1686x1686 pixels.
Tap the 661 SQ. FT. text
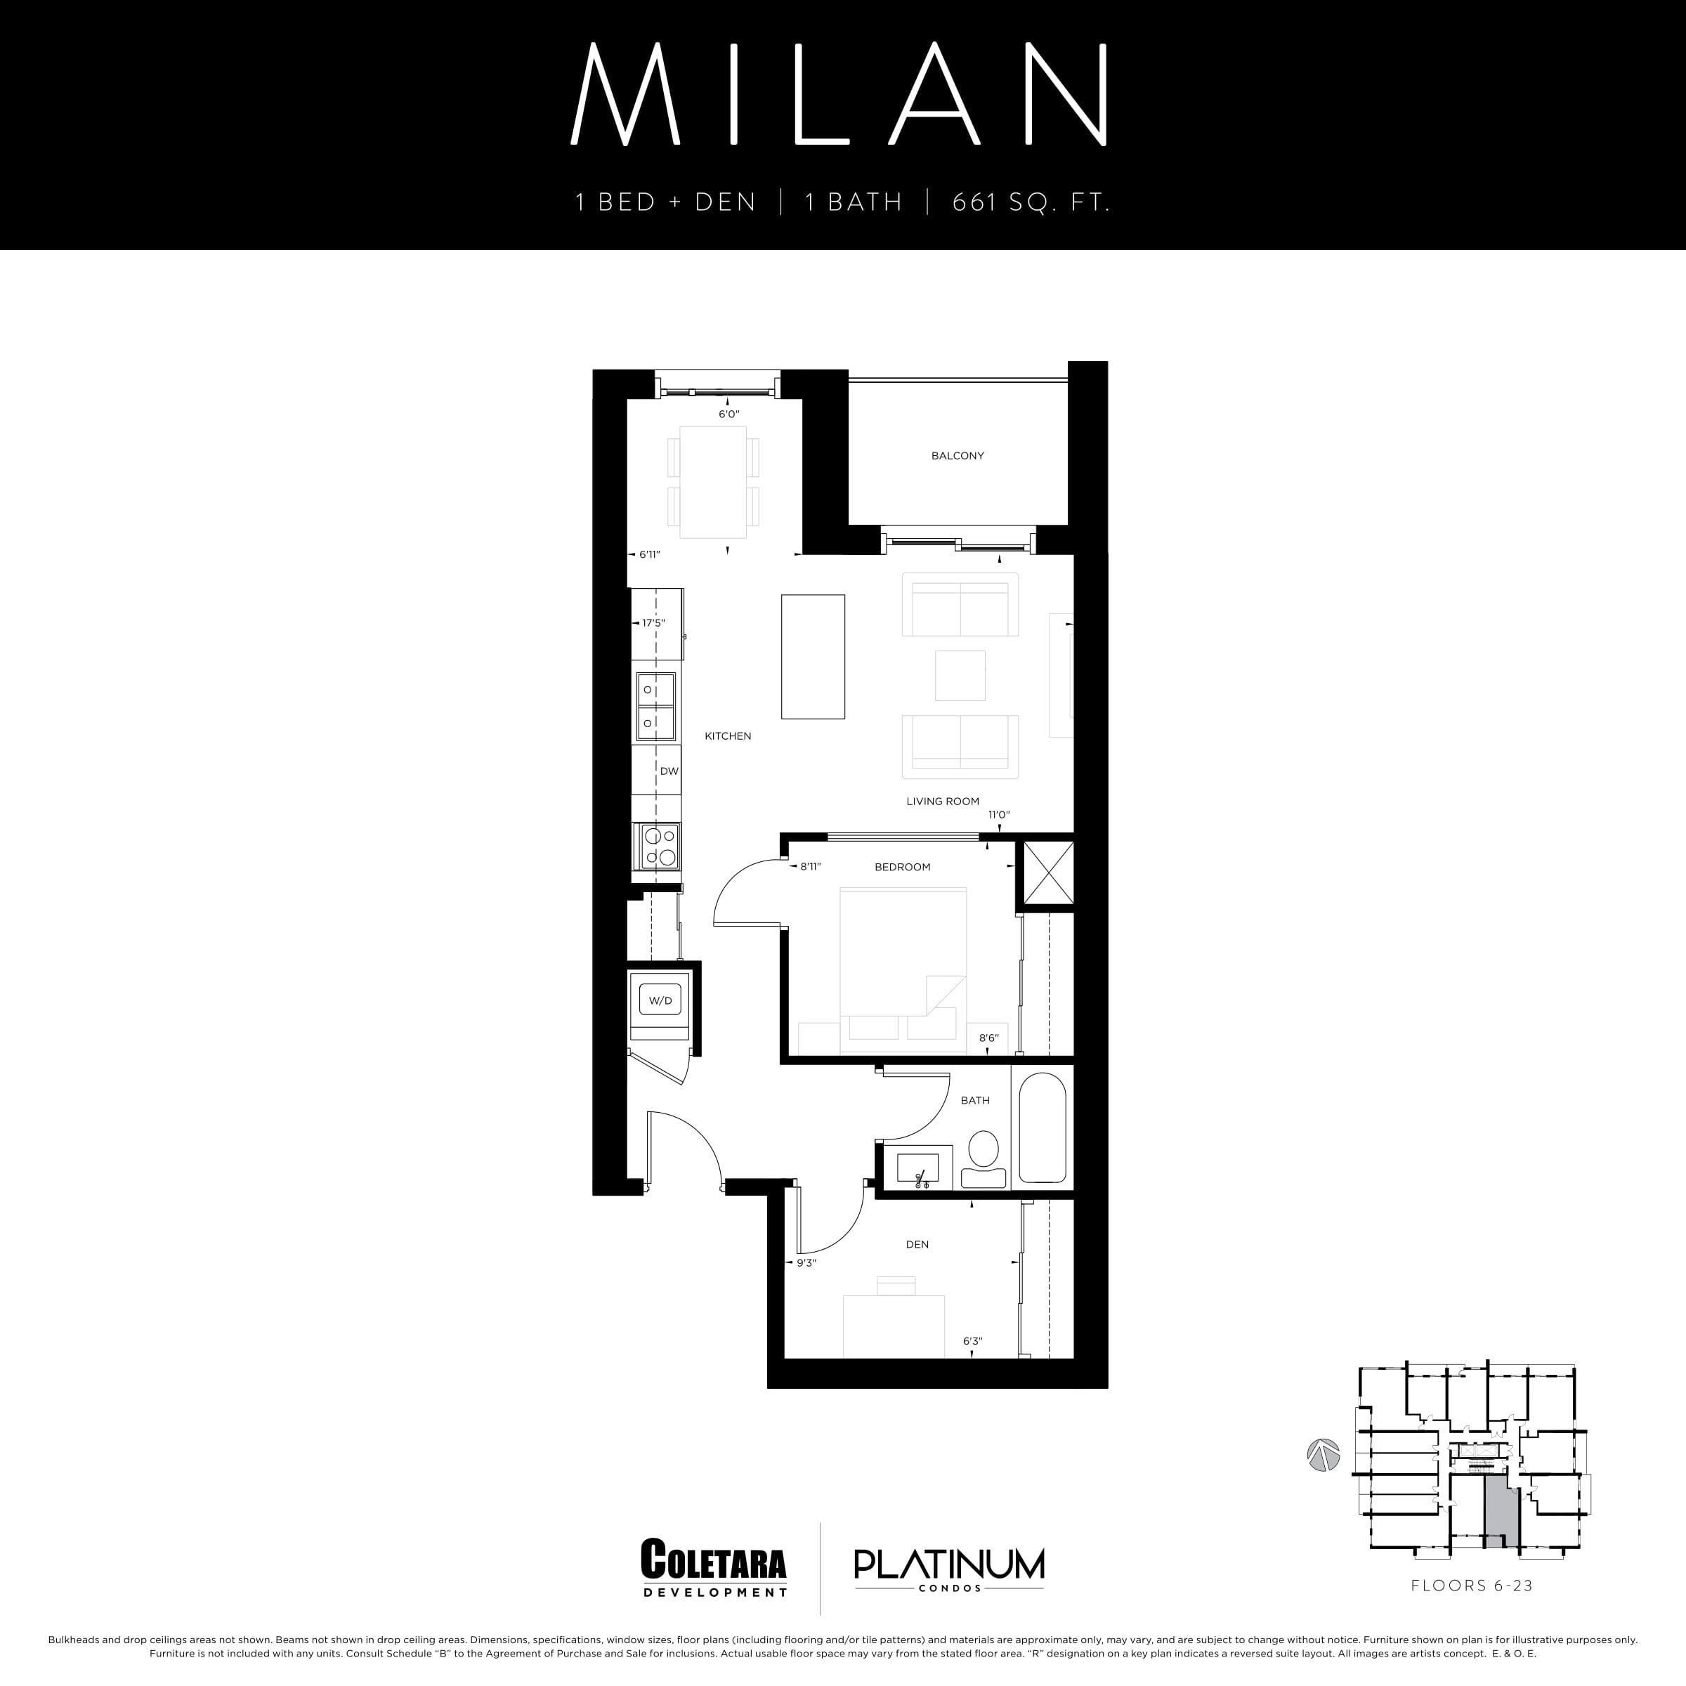tap(1031, 203)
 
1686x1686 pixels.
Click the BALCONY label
tap(958, 455)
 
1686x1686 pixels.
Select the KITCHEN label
tap(728, 736)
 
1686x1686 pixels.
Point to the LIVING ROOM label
tap(943, 801)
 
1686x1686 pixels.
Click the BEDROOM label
tap(902, 867)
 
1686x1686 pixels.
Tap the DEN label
tap(917, 1244)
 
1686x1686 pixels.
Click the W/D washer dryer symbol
tap(660, 1000)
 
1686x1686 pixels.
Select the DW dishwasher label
tap(669, 771)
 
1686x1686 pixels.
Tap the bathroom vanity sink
tap(917, 1166)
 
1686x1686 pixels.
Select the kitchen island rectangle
tap(813, 656)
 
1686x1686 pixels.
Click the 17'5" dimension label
tap(653, 623)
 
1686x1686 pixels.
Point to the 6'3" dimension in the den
tap(972, 1341)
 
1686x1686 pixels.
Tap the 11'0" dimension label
tap(998, 815)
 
